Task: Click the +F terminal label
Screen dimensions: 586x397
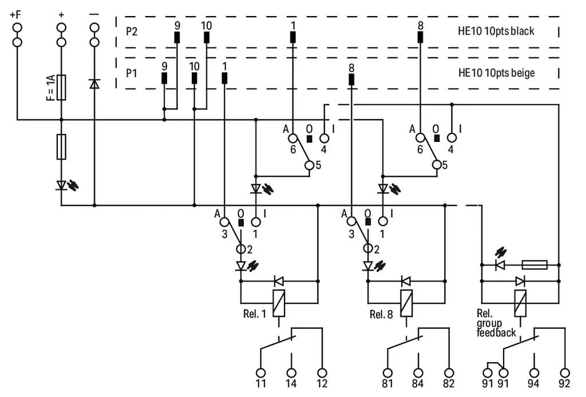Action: tap(15, 14)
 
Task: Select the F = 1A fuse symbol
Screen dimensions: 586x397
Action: tap(61, 88)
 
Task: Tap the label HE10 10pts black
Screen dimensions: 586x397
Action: tap(496, 31)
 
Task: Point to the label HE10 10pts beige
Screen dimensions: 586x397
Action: tap(496, 73)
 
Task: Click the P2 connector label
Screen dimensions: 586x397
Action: tap(132, 31)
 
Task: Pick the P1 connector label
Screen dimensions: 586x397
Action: tap(131, 73)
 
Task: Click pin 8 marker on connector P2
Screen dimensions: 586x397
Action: tap(421, 37)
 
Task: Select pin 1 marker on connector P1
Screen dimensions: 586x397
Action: tap(224, 78)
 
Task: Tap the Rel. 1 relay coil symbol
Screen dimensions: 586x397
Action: tap(279, 303)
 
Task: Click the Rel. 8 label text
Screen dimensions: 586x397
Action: tap(381, 315)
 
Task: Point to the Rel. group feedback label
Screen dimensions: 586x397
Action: tap(496, 323)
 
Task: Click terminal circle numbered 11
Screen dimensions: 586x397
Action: tap(261, 373)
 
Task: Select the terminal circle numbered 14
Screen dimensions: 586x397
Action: tap(291, 373)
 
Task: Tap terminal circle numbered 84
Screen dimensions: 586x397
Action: tap(418, 373)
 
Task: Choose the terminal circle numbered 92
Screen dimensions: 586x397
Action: tap(565, 373)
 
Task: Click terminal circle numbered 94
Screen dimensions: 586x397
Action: tap(534, 373)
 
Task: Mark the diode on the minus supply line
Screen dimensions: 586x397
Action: tap(94, 84)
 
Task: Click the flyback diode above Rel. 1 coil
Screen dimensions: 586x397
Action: tap(279, 281)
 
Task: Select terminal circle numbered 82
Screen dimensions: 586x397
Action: tap(449, 373)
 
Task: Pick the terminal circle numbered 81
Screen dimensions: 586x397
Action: tap(388, 373)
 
